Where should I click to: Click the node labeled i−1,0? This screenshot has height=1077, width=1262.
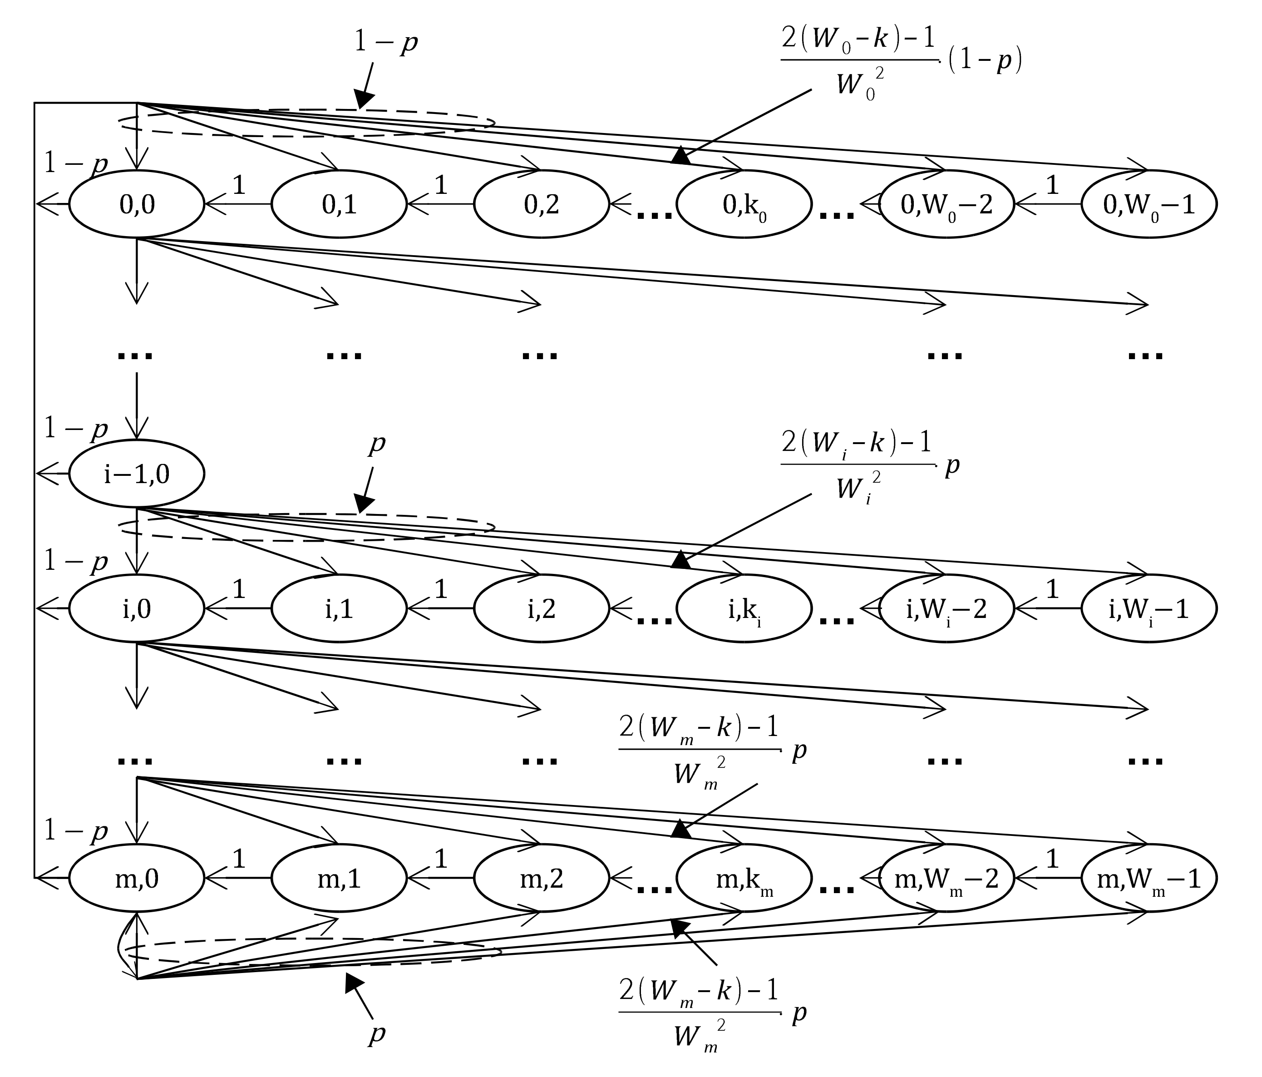pyautogui.click(x=137, y=474)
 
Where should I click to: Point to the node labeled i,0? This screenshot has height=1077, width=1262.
pyautogui.click(x=137, y=608)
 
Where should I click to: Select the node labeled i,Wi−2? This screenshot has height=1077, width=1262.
pyautogui.click(x=946, y=608)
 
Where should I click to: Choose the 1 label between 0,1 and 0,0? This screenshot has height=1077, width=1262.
pyautogui.click(x=239, y=185)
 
